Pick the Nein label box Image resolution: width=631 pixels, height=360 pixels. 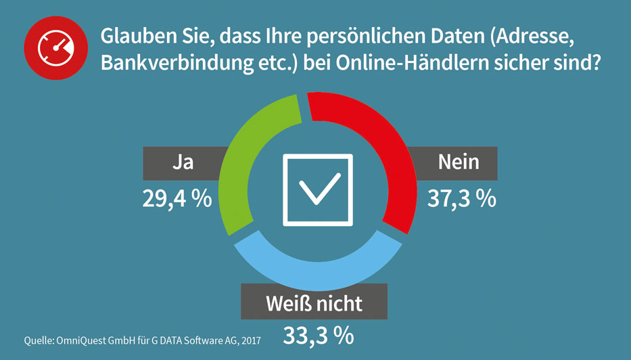tap(458, 162)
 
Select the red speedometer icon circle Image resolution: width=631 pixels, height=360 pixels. tap(55, 48)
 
